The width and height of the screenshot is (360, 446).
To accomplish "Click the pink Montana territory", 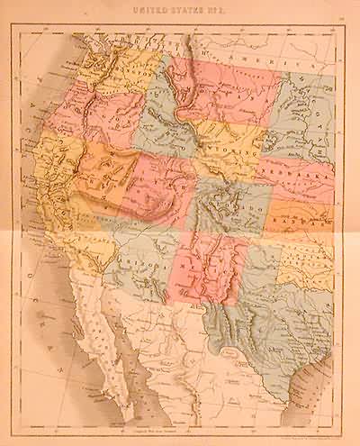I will point(225,90).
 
